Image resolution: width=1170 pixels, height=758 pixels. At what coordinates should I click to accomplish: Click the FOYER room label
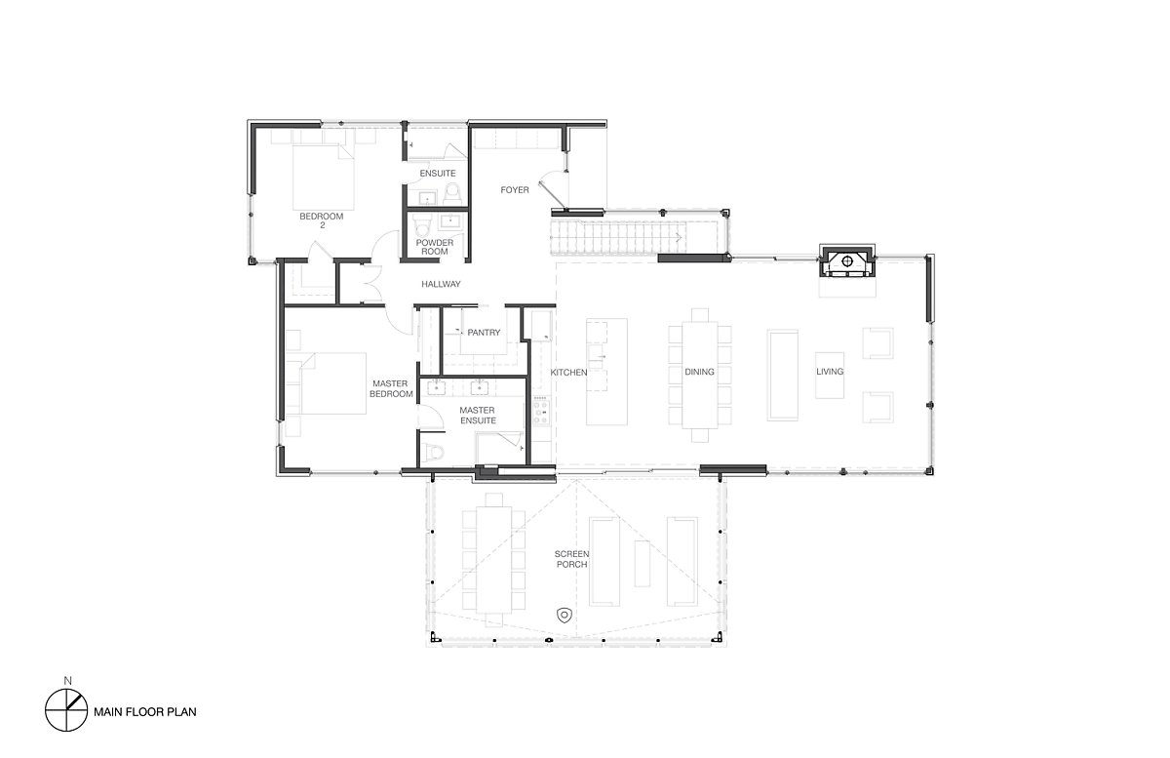(515, 190)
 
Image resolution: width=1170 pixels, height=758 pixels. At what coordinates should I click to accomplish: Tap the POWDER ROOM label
(435, 247)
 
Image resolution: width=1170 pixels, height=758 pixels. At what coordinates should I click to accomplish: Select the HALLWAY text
(441, 284)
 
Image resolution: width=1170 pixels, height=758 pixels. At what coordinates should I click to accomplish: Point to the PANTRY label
(484, 332)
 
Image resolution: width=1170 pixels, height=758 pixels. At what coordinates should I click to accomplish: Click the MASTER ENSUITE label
(478, 415)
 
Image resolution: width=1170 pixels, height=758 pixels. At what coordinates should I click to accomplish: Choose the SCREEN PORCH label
(571, 559)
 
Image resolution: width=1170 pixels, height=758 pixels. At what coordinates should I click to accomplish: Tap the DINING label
(699, 372)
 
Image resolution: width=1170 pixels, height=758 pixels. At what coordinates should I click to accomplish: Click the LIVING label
(830, 371)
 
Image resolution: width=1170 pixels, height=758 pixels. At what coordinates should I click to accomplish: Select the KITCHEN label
(568, 373)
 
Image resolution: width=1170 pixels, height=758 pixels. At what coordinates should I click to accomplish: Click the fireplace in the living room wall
(847, 260)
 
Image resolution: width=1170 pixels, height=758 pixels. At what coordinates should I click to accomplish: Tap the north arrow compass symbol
(66, 710)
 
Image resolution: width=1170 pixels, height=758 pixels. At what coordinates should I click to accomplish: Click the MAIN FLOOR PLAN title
(145, 711)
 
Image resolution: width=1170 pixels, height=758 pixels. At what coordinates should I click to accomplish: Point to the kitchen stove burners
(541, 412)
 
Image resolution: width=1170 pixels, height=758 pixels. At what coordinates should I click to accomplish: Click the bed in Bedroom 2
(324, 178)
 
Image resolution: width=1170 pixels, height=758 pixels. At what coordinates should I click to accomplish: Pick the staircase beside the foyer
(632, 238)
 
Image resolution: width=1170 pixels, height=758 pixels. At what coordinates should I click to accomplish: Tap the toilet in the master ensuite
(432, 453)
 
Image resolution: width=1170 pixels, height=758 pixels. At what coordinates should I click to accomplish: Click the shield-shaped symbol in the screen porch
(565, 616)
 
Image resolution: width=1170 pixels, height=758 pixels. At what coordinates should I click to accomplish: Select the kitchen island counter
(606, 372)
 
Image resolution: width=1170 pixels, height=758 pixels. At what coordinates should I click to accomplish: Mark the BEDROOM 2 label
(322, 220)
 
